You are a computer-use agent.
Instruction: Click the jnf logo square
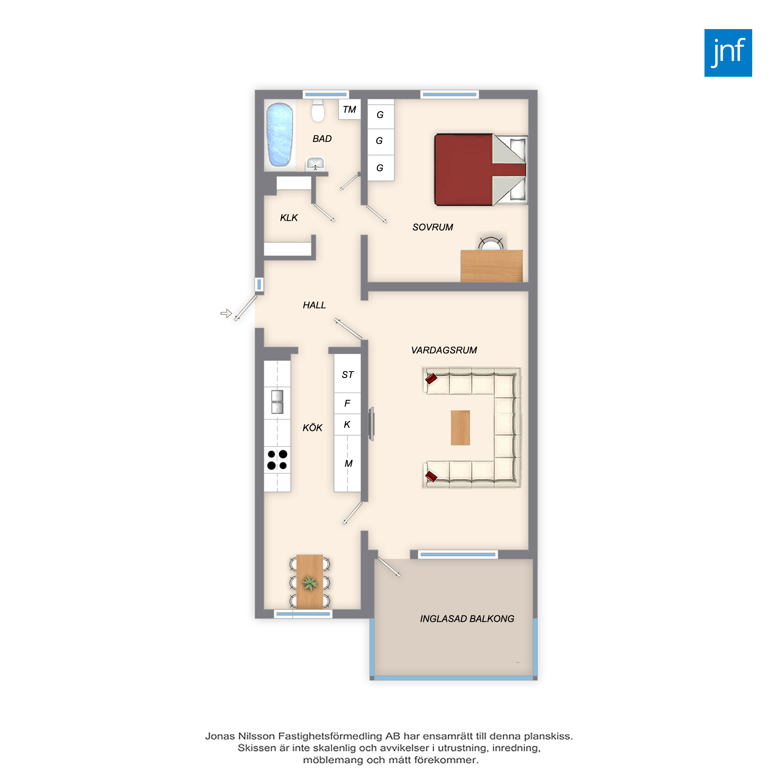pos(728,53)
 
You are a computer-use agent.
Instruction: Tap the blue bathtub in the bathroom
pos(279,135)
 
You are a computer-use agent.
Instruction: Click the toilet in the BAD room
pos(318,111)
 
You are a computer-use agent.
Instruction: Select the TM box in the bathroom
pos(349,110)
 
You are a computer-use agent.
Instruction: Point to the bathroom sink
pos(315,164)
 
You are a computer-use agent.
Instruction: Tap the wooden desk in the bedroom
pos(492,266)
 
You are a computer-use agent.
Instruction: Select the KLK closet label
pos(289,218)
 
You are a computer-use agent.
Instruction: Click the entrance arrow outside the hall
pos(226,313)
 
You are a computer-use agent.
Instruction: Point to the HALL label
pos(314,305)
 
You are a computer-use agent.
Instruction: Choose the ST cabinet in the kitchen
pos(347,373)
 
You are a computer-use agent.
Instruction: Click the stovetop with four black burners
pos(277,460)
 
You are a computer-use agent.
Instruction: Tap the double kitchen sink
pos(277,402)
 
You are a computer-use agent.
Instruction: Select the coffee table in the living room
pos(460,428)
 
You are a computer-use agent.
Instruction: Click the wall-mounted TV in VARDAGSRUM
pos(371,424)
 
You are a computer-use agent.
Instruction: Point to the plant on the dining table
pos(310,583)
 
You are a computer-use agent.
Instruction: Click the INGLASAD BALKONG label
pos(467,619)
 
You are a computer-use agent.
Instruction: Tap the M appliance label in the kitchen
pos(348,463)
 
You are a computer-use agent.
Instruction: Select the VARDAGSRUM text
pos(444,350)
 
